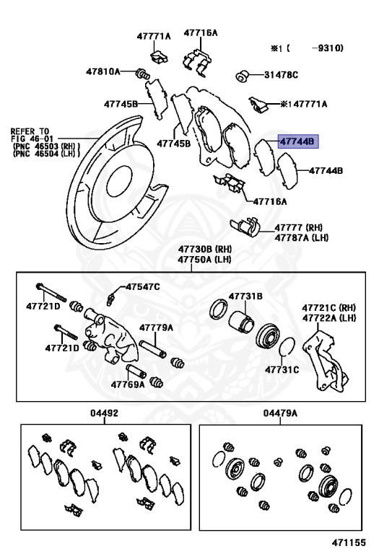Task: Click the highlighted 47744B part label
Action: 298,141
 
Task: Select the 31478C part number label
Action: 281,75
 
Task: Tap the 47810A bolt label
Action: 103,71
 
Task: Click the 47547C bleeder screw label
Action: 143,286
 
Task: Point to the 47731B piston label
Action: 245,296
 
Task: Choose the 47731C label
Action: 282,369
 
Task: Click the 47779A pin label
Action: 156,327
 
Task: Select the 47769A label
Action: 128,384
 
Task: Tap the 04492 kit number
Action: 104,413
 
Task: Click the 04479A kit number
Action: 280,413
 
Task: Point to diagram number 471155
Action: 348,542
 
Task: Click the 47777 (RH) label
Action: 299,227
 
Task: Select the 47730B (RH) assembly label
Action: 204,249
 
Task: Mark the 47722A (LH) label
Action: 328,318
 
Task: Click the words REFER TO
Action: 30,131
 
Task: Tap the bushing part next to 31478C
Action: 242,76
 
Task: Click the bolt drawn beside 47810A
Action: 142,74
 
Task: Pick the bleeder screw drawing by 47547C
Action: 111,299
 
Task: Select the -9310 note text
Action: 327,48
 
